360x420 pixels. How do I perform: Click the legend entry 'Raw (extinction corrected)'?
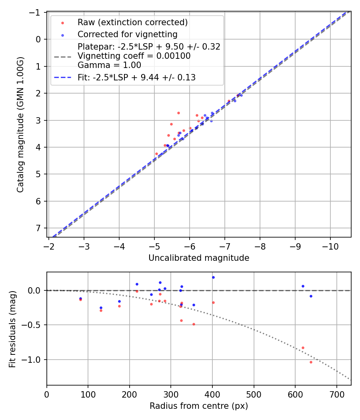coord(132,22)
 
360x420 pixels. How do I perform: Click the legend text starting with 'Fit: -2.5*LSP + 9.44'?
coord(136,78)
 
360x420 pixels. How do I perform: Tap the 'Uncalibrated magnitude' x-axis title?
coord(199,258)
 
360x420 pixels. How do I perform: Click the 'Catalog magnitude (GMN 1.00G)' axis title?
coord(20,125)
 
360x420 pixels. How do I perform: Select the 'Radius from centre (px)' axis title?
coord(199,406)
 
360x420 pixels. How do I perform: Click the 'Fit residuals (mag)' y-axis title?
coord(12,329)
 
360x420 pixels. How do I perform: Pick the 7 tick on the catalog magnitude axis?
coord(38,228)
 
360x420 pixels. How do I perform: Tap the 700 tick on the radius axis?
coord(336,394)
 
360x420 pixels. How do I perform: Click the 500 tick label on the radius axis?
coord(254,394)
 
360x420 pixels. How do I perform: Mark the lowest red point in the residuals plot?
coord(311,362)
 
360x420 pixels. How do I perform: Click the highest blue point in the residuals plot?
coord(213,277)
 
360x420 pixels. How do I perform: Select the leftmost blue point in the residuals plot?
coord(80,298)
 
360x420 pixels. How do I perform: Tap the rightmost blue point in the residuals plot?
coord(311,296)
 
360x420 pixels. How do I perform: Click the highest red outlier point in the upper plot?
coord(178,113)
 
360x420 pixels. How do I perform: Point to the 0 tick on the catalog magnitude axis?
coord(38,39)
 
